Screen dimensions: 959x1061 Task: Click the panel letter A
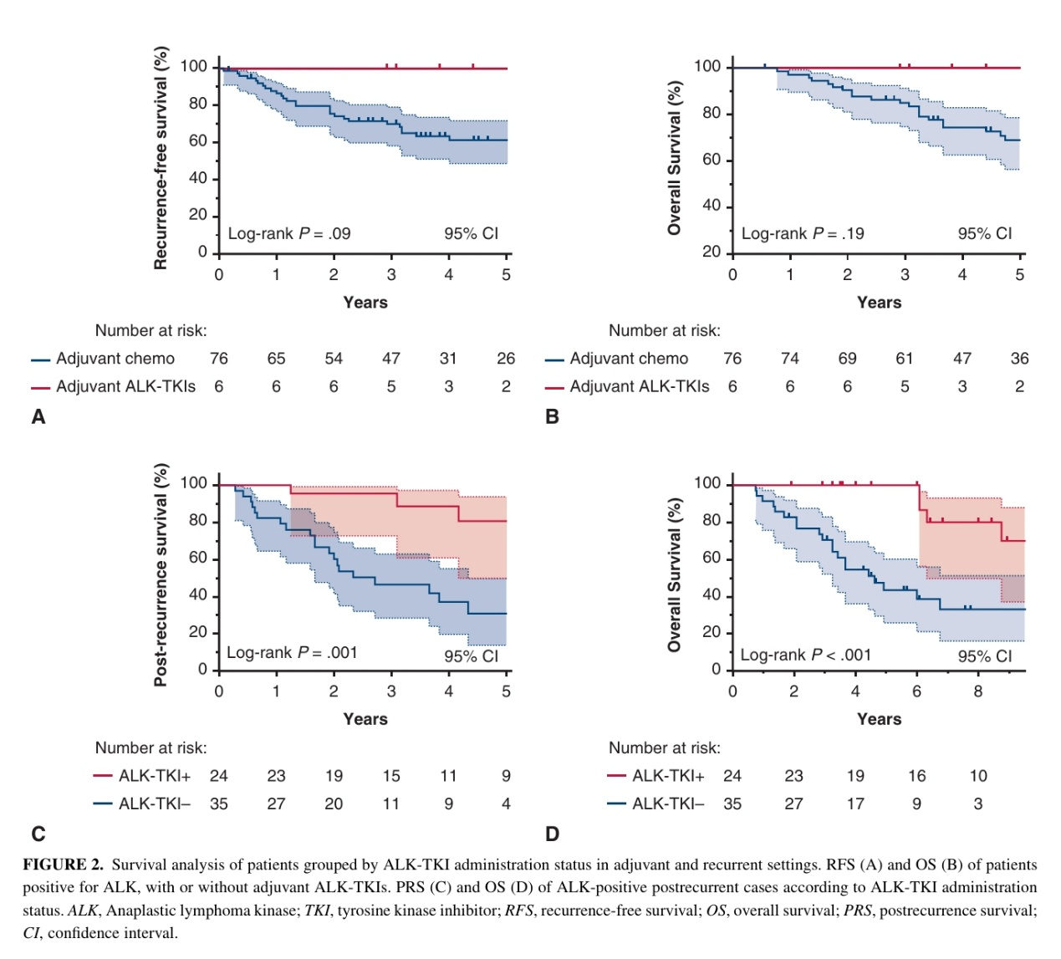[38, 416]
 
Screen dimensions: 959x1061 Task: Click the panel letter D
[552, 834]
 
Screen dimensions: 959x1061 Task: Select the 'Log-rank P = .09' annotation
[289, 233]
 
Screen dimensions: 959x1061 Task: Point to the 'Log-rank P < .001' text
[806, 655]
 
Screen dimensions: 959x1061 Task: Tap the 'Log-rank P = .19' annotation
[803, 233]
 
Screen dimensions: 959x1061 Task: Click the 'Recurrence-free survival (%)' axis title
[161, 158]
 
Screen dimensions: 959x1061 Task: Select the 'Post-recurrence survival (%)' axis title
[161, 575]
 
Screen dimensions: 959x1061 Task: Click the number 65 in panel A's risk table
[276, 359]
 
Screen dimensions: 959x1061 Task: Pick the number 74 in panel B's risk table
[789, 359]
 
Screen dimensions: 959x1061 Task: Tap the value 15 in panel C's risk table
[391, 776]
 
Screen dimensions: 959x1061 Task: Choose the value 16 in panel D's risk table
[917, 776]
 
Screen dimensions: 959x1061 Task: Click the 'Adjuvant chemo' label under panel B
[629, 359]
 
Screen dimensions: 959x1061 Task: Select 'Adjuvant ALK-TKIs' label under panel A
[125, 386]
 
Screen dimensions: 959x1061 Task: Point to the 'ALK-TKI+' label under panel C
[155, 776]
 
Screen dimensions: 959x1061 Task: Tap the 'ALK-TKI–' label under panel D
[668, 803]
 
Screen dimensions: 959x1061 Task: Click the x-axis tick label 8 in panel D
[978, 691]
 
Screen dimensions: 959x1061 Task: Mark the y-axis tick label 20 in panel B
[712, 252]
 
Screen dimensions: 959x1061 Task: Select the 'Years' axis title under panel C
[365, 719]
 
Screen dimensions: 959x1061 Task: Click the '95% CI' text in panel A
[472, 233]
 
